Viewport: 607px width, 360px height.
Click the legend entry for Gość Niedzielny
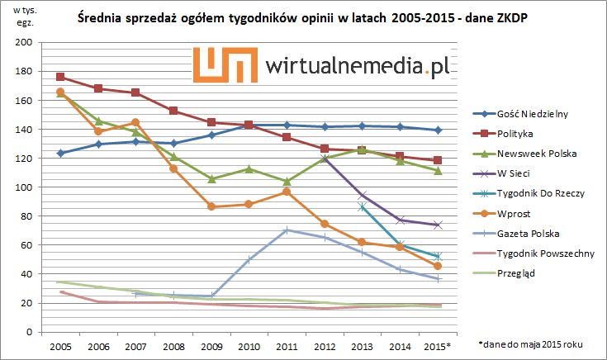tap(533, 114)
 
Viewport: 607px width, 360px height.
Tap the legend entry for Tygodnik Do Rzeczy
tap(540, 193)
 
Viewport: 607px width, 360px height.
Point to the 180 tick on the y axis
tap(26, 71)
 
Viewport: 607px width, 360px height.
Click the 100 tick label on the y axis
tap(26, 187)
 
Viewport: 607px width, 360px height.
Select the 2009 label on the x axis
tap(211, 345)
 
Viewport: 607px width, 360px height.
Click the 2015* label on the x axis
tap(439, 345)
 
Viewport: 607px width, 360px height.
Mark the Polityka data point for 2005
tap(60, 77)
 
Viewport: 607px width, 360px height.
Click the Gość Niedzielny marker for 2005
tap(60, 153)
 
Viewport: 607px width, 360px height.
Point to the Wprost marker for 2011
tap(287, 192)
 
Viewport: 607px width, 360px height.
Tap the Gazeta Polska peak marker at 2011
tap(287, 230)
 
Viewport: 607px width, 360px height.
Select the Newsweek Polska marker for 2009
tap(211, 178)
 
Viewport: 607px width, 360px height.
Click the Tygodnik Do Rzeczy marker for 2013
tap(362, 206)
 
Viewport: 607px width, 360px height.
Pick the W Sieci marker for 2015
tap(438, 225)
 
